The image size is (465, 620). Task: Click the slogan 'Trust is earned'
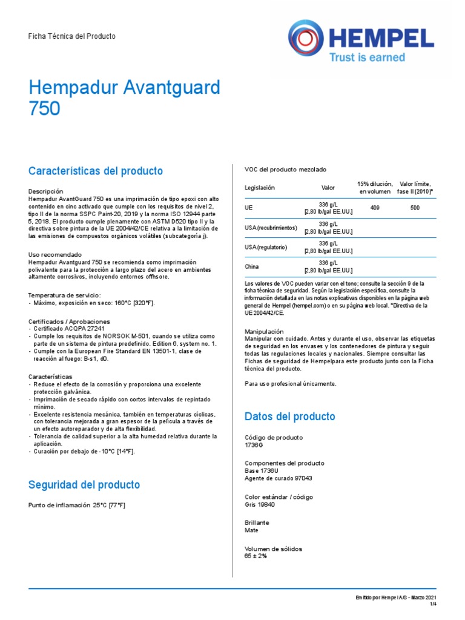point(366,57)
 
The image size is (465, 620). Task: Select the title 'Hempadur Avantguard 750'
point(124,97)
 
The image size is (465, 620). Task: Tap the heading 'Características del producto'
point(96,171)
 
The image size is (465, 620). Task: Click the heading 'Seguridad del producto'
point(84,484)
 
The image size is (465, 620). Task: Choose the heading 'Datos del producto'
point(289,417)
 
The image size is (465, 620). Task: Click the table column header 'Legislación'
point(259,188)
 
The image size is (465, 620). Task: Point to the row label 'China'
point(252,266)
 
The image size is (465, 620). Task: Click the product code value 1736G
point(254,445)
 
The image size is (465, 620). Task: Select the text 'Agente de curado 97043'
point(278,478)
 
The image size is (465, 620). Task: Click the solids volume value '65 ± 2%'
point(256,556)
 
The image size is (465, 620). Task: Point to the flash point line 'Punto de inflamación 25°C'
point(81,505)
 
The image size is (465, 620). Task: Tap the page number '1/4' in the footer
point(433,604)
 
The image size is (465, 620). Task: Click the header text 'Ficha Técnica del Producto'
point(72,36)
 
